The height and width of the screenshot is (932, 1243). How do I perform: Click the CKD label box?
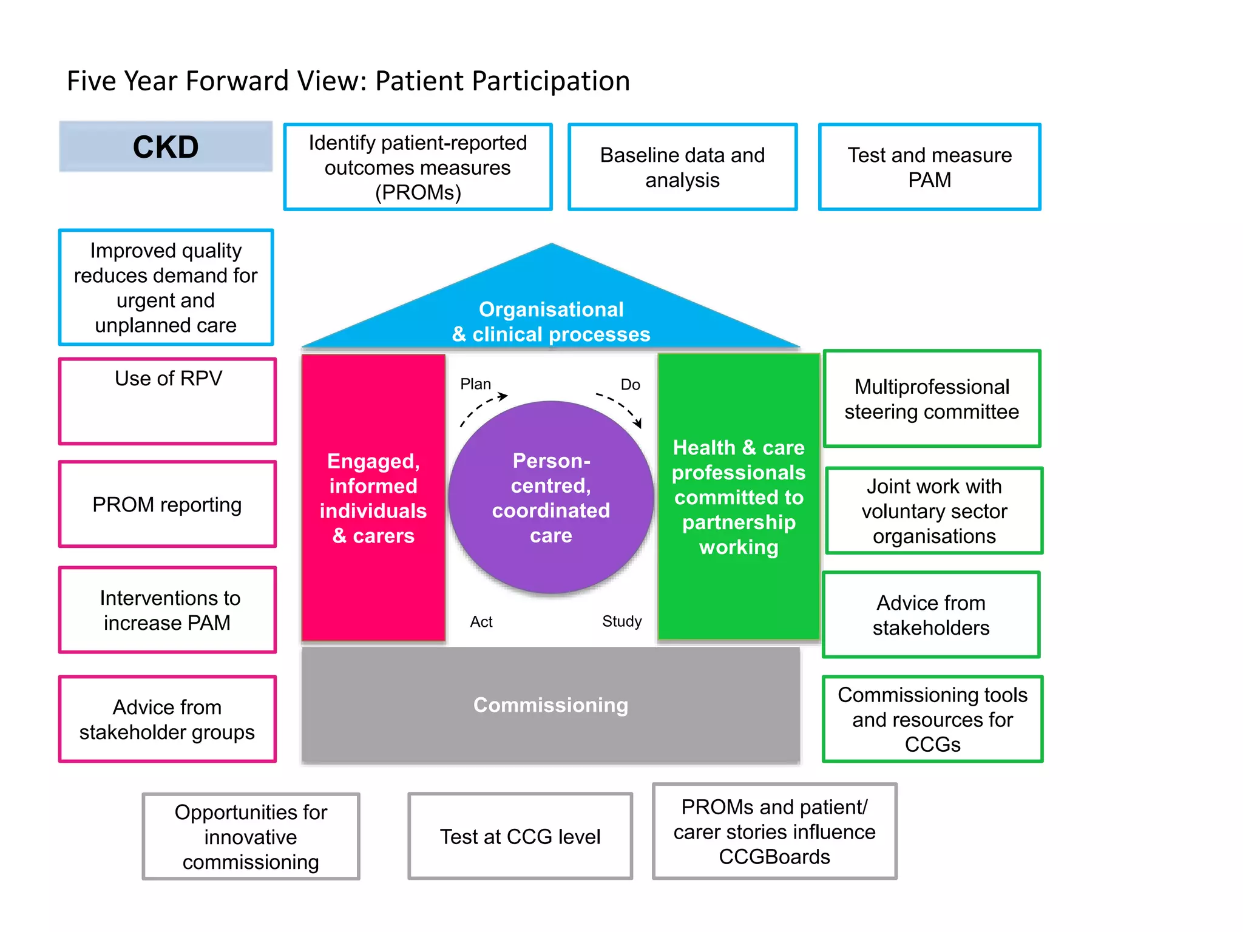pos(166,147)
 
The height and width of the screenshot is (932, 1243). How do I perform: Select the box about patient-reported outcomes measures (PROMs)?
pos(418,167)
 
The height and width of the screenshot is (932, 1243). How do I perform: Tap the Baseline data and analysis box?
pos(682,167)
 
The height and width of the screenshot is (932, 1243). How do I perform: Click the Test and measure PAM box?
pos(929,167)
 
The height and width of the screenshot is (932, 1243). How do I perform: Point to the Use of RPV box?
pos(168,401)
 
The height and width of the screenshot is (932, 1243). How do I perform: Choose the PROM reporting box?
pos(168,504)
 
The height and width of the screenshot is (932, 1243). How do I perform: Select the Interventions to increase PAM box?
pos(168,610)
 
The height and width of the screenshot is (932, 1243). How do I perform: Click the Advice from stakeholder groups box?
pos(168,719)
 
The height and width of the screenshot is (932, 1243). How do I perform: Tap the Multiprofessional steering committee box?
pos(932,399)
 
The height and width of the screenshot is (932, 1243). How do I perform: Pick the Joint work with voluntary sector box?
pos(934,511)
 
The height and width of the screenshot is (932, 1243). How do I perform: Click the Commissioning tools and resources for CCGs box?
pos(932,719)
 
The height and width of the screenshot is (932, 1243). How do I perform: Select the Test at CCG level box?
pos(520,836)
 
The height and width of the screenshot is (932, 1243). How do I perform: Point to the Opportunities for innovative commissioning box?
pos(251,836)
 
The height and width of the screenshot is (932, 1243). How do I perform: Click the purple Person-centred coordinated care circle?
pos(551,498)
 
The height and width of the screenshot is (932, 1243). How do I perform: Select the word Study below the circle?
pos(621,621)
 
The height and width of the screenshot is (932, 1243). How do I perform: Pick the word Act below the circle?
pos(481,622)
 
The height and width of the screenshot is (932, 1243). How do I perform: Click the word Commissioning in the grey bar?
pos(550,705)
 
